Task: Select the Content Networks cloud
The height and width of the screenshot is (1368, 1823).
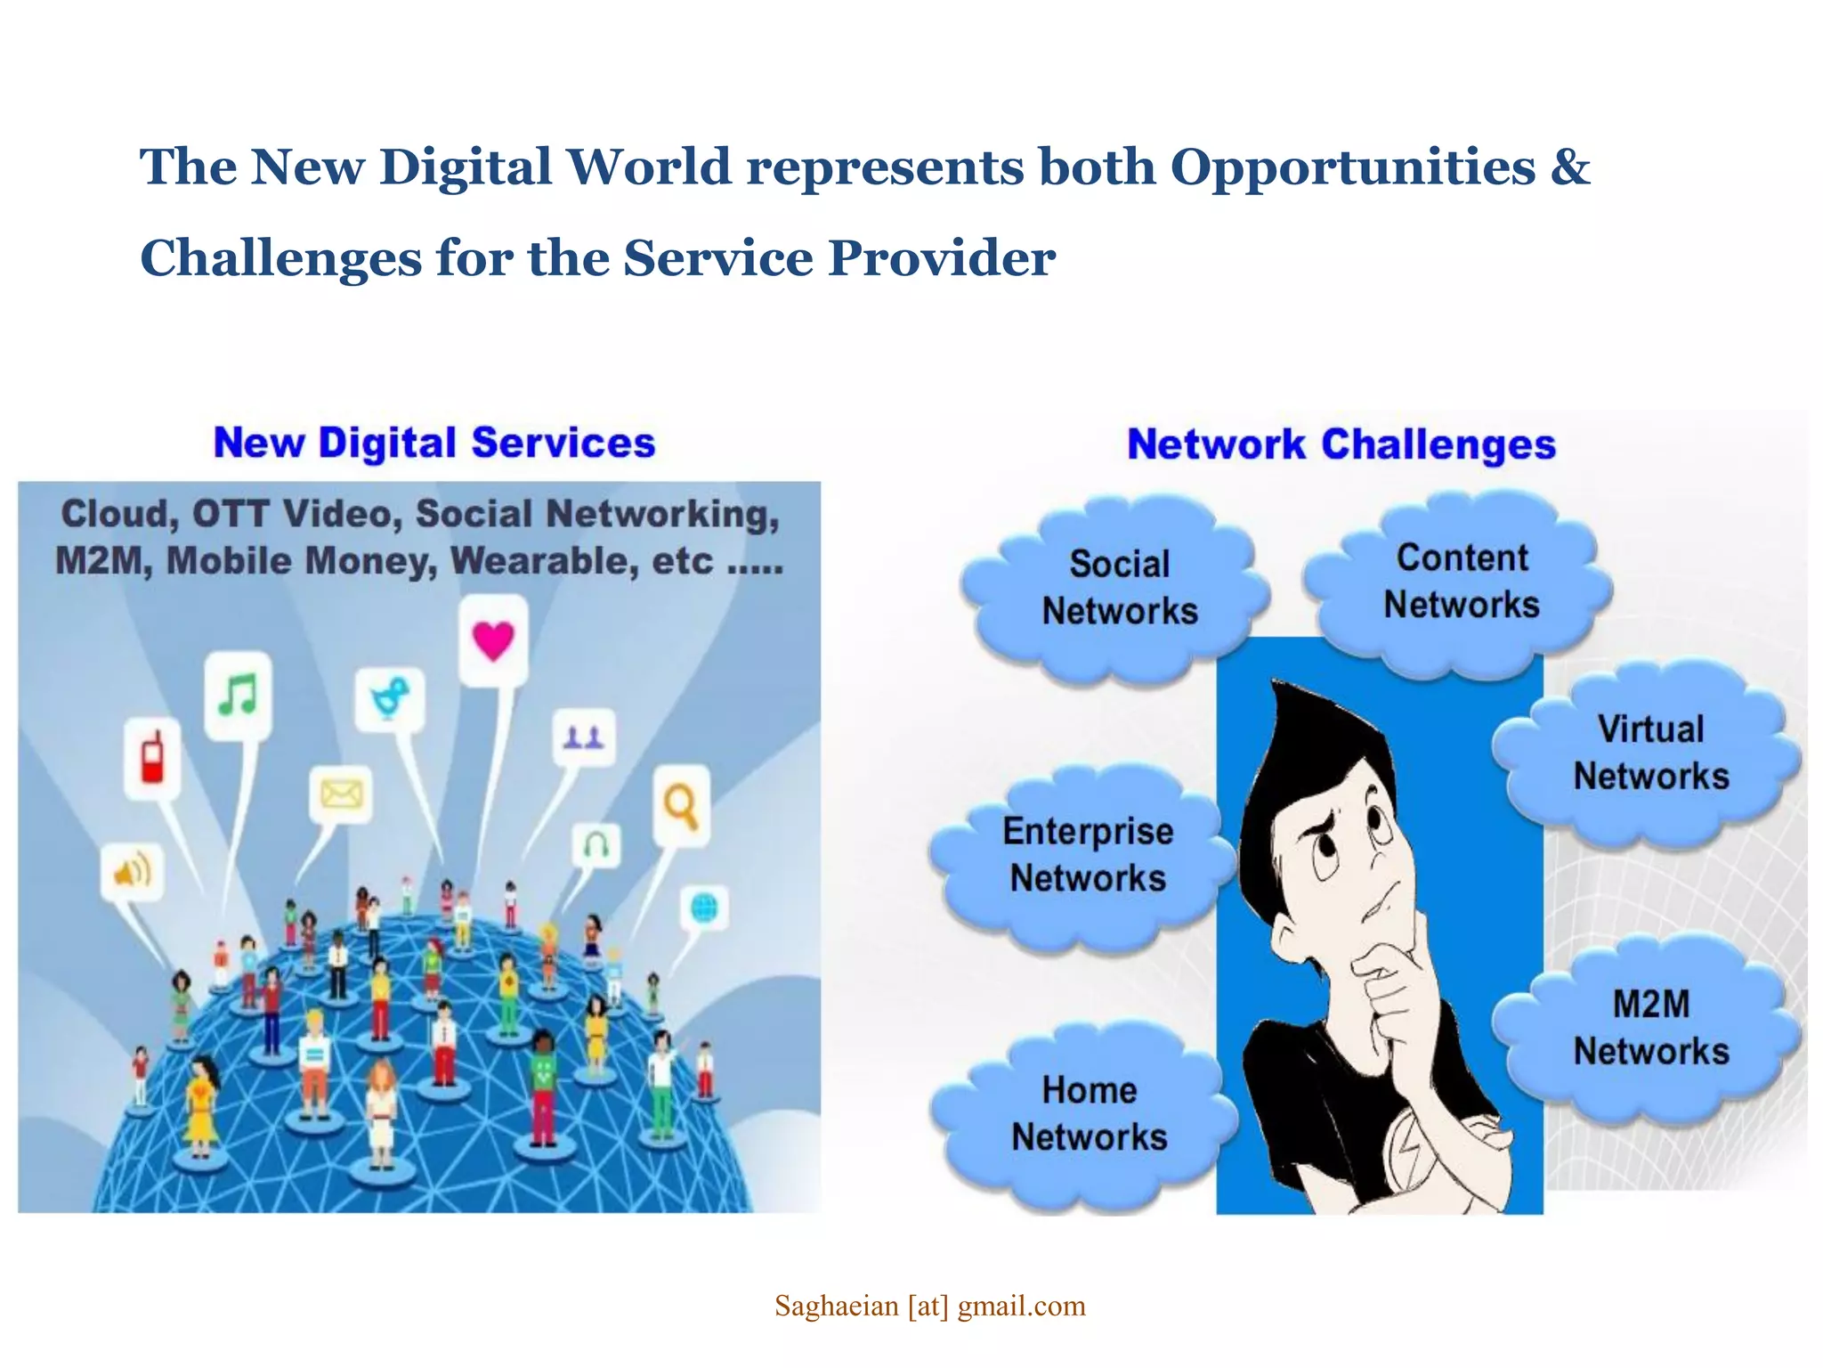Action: point(1461,582)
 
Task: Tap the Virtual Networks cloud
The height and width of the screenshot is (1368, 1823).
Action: point(1650,753)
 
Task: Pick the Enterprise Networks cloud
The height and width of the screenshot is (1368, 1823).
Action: point(1086,855)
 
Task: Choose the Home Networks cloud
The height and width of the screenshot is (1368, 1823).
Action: point(1088,1114)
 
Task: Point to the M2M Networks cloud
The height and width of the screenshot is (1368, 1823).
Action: point(1650,1028)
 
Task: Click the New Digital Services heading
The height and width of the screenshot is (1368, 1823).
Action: point(434,443)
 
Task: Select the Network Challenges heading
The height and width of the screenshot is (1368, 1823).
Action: point(1341,444)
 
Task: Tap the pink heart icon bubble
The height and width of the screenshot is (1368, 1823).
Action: point(493,640)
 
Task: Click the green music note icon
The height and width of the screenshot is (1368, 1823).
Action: point(238,695)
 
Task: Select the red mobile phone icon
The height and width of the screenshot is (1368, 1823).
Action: point(152,758)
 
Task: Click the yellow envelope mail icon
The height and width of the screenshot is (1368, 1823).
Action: point(341,793)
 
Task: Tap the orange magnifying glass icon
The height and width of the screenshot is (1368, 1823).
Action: point(681,805)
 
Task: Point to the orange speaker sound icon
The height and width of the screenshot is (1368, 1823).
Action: point(132,871)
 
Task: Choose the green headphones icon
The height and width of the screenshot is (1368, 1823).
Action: point(596,843)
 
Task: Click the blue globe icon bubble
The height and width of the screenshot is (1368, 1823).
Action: point(703,909)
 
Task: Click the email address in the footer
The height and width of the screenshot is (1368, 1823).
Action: point(929,1306)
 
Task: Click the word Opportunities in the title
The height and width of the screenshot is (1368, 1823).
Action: point(1352,167)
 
